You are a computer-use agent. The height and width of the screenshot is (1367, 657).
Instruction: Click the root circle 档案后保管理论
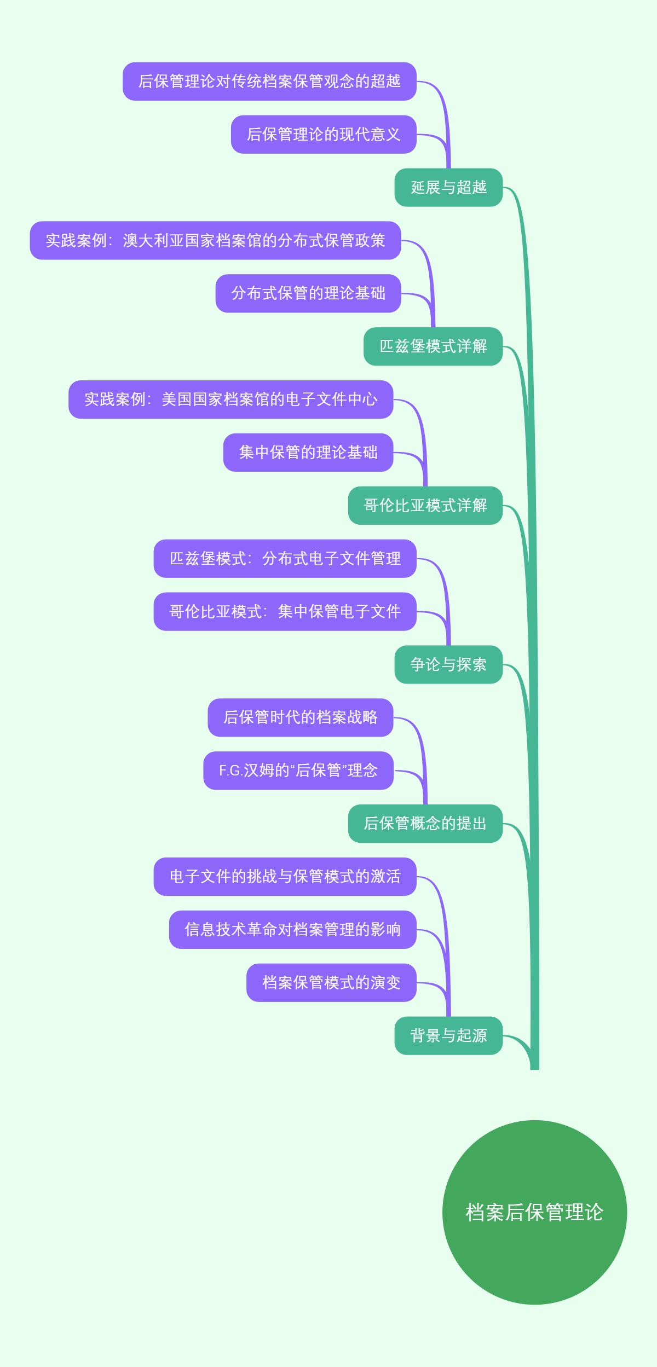[534, 1212]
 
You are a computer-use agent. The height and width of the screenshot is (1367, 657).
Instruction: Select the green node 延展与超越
[448, 188]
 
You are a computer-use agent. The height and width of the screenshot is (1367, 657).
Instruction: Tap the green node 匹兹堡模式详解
[433, 346]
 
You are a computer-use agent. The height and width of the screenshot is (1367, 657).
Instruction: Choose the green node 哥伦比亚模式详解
[425, 506]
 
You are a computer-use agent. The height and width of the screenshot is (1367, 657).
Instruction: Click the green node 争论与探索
[448, 665]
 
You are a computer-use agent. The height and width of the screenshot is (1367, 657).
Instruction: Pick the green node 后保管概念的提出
[425, 824]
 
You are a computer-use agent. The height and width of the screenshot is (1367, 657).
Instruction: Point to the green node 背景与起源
[448, 1036]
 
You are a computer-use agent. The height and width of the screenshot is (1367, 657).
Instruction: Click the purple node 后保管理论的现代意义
[324, 135]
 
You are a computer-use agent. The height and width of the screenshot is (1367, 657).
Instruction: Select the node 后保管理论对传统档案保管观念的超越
[269, 82]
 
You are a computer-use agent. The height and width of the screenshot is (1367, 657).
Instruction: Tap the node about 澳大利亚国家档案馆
[215, 241]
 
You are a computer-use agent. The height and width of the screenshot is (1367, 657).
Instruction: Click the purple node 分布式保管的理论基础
[308, 294]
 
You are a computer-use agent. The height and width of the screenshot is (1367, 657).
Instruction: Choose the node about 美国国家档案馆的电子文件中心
[230, 399]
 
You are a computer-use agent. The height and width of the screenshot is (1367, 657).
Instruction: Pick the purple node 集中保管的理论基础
[308, 453]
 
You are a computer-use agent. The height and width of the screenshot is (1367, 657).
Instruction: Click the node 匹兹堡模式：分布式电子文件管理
[285, 559]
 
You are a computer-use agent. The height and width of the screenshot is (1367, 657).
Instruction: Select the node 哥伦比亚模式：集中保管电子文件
[285, 612]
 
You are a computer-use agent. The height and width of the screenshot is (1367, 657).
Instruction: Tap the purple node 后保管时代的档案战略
[301, 717]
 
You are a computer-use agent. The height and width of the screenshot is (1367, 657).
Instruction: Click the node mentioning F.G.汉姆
[298, 771]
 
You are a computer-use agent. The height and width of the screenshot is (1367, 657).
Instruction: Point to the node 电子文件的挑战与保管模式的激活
[285, 877]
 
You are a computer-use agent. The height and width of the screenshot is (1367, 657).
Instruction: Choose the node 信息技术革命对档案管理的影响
[292, 930]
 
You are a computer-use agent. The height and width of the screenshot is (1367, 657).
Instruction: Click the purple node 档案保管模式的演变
[331, 983]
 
